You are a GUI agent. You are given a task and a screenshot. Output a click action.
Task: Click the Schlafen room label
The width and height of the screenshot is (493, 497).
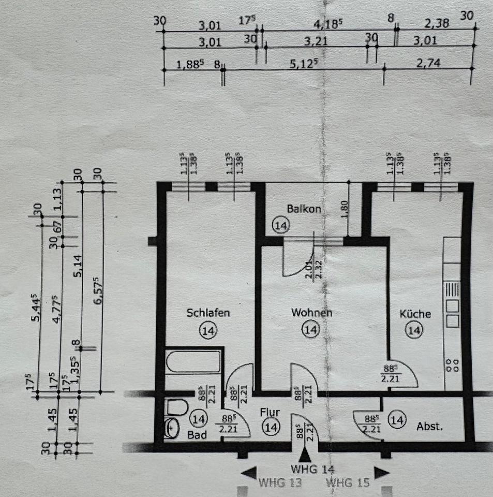(x=208, y=313)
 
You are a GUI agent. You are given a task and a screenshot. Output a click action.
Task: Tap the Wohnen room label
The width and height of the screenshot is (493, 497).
(x=311, y=313)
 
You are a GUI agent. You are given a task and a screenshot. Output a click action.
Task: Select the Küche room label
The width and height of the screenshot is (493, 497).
(x=414, y=314)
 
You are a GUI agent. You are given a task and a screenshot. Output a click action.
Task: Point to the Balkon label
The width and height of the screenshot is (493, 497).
(x=304, y=209)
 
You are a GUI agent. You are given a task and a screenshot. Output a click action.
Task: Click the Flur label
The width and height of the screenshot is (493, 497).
(x=270, y=413)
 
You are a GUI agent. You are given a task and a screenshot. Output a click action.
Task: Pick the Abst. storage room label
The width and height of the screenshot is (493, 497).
(x=429, y=427)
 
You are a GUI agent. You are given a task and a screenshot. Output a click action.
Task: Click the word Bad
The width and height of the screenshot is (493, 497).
(x=197, y=435)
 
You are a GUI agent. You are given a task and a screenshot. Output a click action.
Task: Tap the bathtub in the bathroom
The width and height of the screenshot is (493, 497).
(x=193, y=362)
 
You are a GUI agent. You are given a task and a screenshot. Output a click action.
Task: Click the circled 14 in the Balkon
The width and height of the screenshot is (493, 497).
(x=281, y=225)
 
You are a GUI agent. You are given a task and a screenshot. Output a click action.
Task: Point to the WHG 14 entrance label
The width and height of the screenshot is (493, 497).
(x=313, y=470)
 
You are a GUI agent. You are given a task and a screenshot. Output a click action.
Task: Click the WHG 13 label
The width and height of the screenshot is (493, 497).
(x=280, y=483)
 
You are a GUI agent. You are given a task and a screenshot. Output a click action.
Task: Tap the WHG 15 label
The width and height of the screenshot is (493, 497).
(x=348, y=483)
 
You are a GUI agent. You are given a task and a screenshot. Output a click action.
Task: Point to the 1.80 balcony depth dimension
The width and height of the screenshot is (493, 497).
(x=345, y=209)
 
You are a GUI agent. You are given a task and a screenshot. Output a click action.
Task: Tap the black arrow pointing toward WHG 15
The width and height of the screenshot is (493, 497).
(x=382, y=472)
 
